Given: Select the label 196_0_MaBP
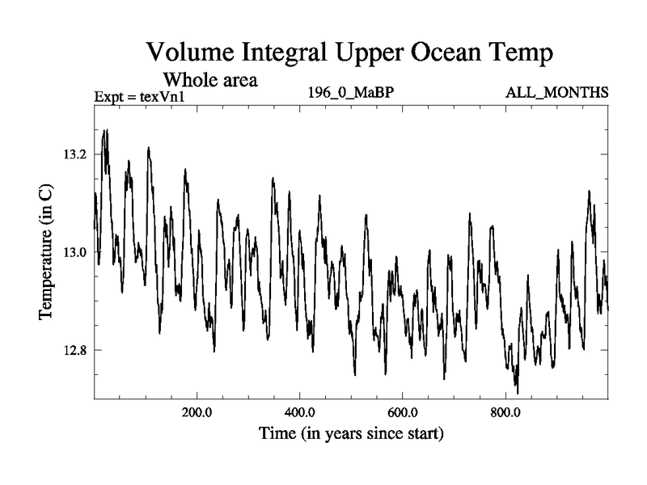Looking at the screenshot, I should point(350,94).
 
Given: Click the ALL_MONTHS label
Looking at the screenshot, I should point(556,94).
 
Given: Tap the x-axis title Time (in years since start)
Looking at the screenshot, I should point(351,434).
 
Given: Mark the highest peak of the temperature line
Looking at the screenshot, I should point(105,129).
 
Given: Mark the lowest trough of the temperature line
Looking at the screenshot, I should point(517,394).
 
